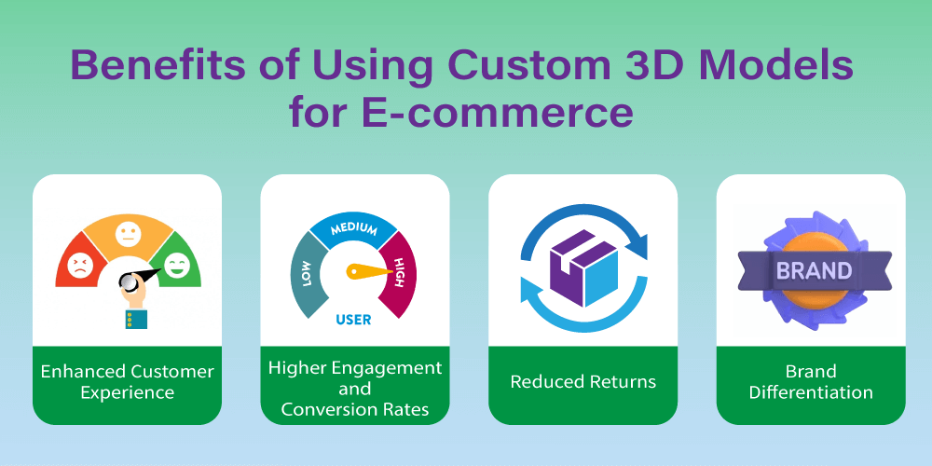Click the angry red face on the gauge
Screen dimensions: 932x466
tap(78, 265)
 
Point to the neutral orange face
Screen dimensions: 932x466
tap(127, 234)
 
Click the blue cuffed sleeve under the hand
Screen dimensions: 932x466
tap(136, 319)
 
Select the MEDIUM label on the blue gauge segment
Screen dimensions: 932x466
tap(355, 229)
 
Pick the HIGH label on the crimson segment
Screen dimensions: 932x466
tap(399, 272)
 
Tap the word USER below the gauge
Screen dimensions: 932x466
tap(353, 320)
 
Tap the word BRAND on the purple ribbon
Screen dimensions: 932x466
tap(814, 271)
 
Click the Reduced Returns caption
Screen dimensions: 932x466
tap(583, 381)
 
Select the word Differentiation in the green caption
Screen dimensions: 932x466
tap(811, 393)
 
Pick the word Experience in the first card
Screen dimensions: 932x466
tap(127, 393)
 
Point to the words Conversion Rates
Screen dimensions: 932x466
tap(355, 409)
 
